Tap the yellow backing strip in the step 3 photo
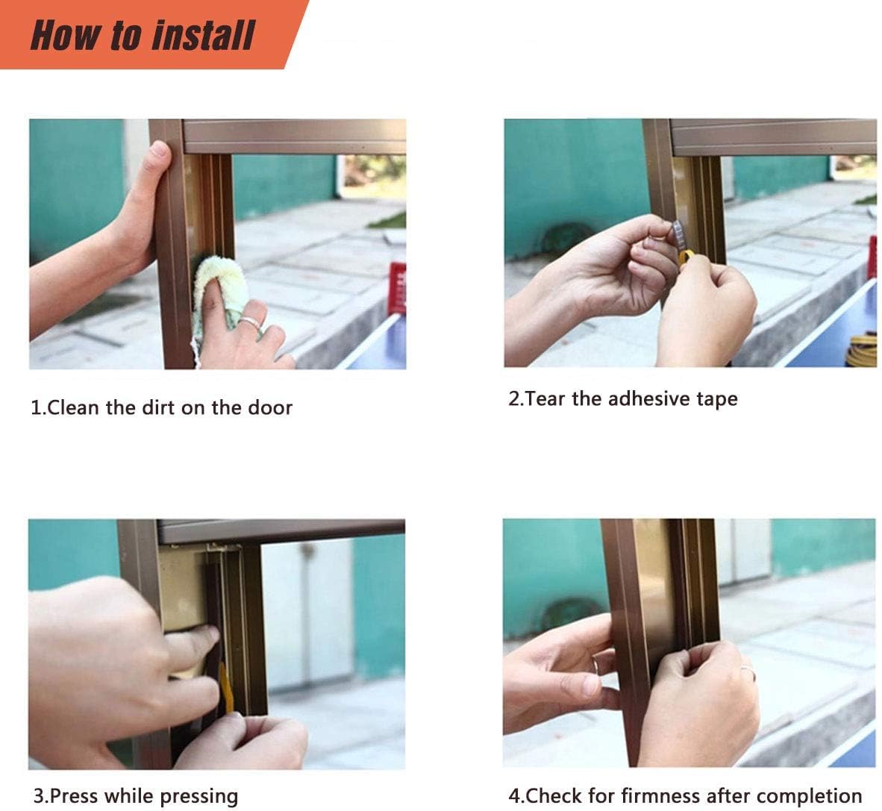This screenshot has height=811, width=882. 225,688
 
